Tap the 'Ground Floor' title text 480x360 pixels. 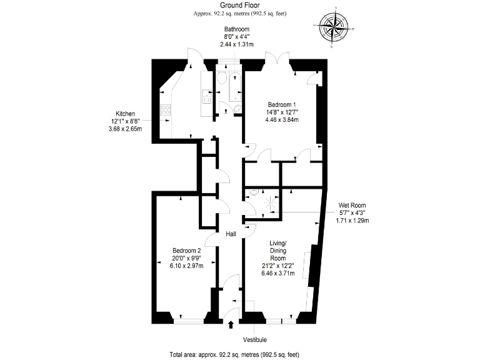tap(235, 5)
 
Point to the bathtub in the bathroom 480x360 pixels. tap(236, 87)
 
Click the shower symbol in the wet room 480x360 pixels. tap(271, 203)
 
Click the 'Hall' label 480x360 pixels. tap(231, 233)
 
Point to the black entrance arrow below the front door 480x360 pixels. tap(232, 324)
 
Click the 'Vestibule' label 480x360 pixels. tap(255, 339)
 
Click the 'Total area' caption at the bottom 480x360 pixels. tap(235, 354)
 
